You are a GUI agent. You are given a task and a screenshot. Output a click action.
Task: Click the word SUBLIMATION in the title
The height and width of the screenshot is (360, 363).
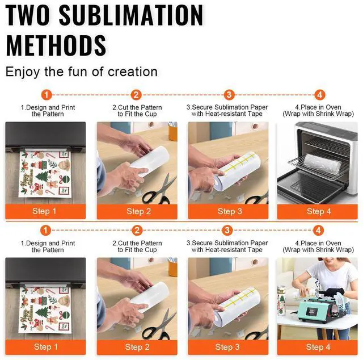pos(131,15)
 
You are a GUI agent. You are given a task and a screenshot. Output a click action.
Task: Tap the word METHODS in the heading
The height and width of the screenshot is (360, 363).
pos(56,45)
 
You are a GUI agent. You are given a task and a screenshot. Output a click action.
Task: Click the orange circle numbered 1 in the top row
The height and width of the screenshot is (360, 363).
pos(47,95)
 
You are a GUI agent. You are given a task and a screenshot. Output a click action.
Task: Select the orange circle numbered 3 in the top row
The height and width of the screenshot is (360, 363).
pos(229,95)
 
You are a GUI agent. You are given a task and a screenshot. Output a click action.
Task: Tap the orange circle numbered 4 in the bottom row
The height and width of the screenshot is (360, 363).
pos(318,231)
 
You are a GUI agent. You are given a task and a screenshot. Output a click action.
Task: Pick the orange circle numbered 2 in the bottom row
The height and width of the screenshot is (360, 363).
pos(137,231)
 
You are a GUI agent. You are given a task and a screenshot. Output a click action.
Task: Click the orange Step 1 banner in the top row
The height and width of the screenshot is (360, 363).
pos(45,211)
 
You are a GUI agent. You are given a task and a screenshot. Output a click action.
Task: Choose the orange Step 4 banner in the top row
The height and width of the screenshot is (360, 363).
pos(318,211)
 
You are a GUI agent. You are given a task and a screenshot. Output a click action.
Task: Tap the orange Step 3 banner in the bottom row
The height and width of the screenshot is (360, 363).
pos(228,347)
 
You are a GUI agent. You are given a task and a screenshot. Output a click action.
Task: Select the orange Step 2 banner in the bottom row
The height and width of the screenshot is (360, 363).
pos(137,347)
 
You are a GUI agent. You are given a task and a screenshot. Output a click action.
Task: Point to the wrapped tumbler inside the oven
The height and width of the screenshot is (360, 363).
pos(322,164)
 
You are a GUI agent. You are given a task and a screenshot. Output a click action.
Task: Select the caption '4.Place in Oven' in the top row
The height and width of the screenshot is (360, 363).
pos(318,107)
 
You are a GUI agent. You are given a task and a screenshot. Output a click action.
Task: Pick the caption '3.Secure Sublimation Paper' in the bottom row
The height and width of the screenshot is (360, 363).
pos(227,243)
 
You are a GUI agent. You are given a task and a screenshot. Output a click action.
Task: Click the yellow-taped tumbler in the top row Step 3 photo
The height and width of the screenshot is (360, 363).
pos(237,171)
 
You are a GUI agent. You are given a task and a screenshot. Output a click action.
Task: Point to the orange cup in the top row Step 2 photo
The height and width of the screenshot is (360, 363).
pos(172,132)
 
